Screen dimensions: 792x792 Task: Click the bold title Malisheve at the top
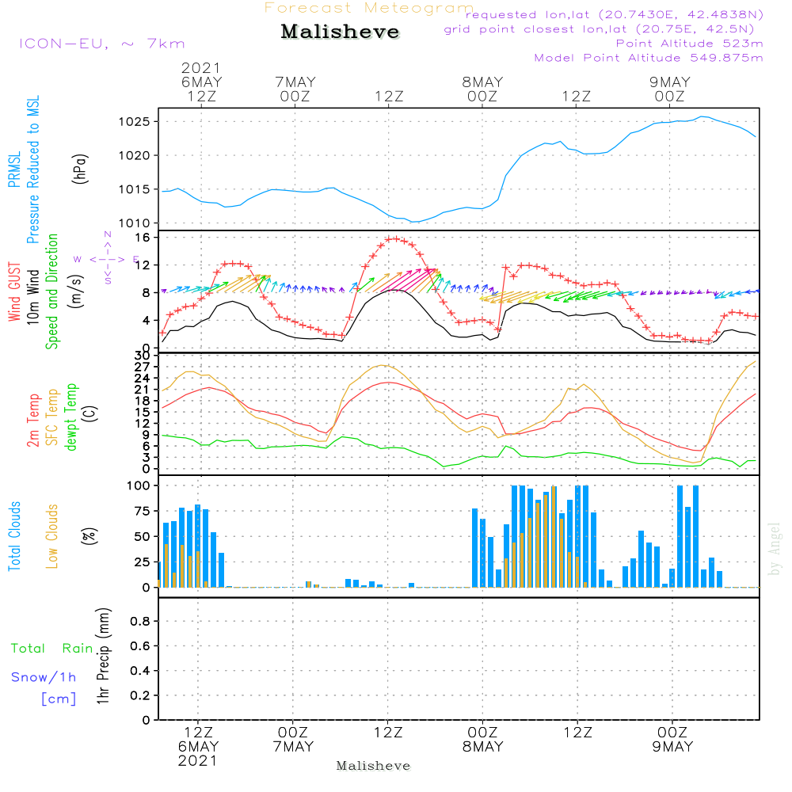coord(340,32)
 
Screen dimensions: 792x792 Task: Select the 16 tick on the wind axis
coord(143,238)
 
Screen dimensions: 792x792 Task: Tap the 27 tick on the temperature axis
coord(143,367)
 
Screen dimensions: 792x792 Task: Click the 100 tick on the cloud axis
coord(139,485)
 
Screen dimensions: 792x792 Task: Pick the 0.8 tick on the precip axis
coord(140,622)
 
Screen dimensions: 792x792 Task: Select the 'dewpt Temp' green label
coord(71,417)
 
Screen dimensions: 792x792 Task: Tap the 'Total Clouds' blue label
coord(14,536)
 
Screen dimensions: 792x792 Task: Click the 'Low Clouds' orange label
coord(52,536)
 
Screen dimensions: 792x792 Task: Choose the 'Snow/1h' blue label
coord(44,677)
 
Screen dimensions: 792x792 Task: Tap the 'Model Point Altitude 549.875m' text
coord(649,58)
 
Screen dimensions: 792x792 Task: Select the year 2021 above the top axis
coord(201,68)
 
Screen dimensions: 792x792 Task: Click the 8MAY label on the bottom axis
coord(482,747)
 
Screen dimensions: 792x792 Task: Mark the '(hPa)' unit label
coord(81,167)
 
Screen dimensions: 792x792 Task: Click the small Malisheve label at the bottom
coord(373,766)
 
